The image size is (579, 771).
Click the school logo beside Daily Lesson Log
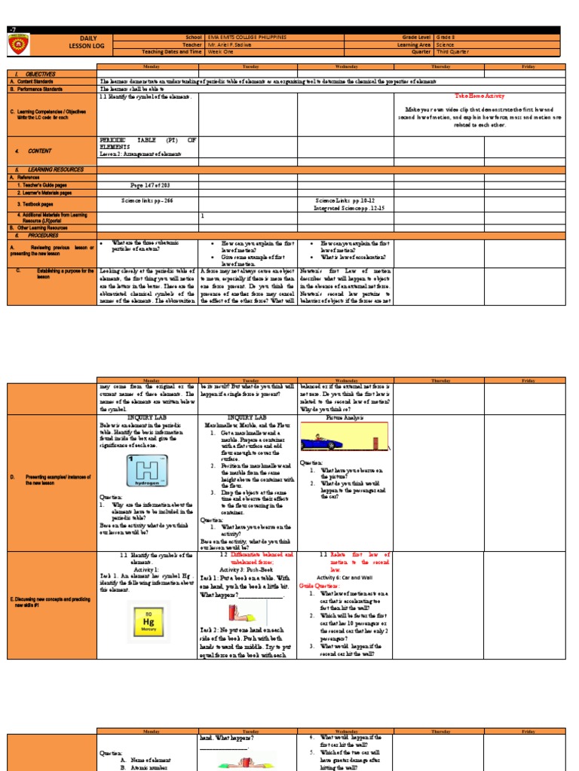(20, 45)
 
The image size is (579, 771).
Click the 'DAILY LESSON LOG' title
(88, 45)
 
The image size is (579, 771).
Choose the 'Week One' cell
(219, 52)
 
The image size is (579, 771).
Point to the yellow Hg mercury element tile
(149, 621)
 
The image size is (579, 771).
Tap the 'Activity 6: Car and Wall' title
(345, 577)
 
